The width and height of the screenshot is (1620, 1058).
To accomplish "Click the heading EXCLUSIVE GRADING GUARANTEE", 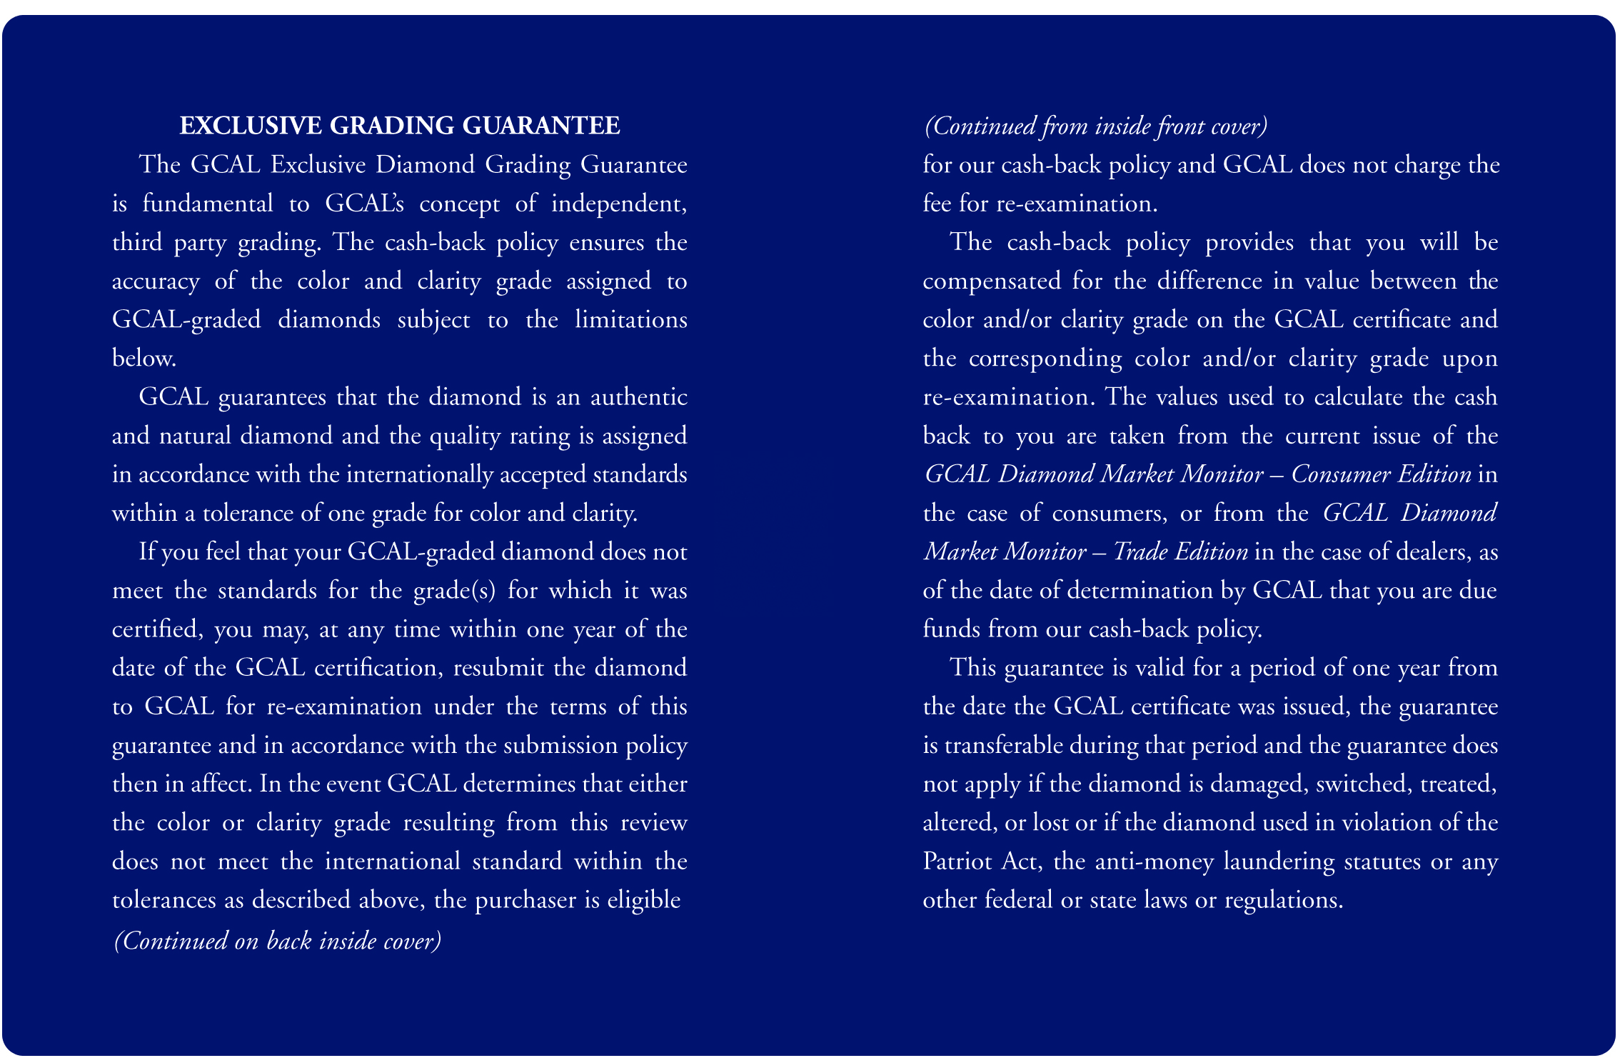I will point(399,126).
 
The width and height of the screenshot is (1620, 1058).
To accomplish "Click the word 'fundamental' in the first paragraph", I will point(207,204).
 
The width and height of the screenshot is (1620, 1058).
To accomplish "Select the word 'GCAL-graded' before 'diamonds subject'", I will point(186,320).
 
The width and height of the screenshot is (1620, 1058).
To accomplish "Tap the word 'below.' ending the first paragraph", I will point(144,359).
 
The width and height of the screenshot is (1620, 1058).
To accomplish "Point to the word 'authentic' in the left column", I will point(638,397).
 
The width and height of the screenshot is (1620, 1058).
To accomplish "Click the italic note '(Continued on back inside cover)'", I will point(278,941).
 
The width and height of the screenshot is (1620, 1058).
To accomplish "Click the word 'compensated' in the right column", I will point(992,281).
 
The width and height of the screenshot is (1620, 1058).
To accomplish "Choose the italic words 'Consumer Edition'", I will point(1381,474).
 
